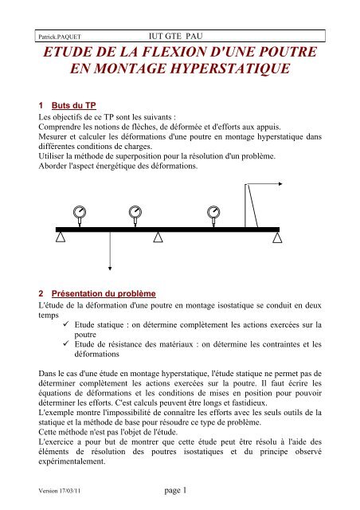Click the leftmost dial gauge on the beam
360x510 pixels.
(81, 213)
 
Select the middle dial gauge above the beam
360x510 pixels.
(137, 213)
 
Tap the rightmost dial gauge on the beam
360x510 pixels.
(213, 213)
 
